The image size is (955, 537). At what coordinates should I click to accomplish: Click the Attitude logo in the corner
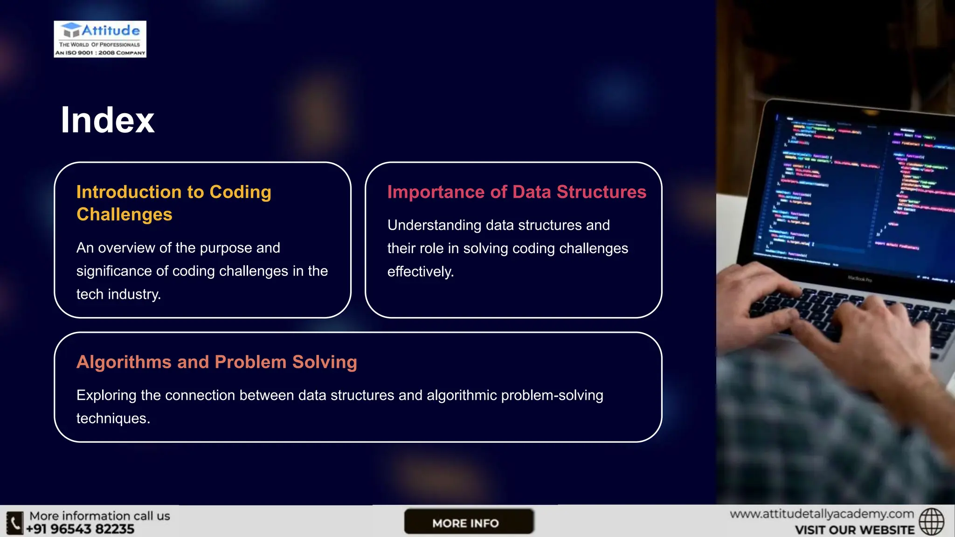pos(100,39)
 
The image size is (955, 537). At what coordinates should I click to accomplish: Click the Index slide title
pos(107,120)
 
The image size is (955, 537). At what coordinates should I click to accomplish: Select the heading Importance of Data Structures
pos(517,192)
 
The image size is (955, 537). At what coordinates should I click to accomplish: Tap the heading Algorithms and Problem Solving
pos(217,362)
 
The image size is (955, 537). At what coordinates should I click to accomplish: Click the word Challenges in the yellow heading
pos(125,214)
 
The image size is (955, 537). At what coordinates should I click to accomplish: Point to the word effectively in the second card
pos(420,272)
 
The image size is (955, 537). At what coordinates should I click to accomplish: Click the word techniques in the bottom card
pos(112,419)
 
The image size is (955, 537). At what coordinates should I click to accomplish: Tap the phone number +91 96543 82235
pos(80,529)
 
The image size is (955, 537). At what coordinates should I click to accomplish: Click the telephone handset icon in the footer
pos(14,523)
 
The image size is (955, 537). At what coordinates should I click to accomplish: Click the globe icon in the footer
pos(931,522)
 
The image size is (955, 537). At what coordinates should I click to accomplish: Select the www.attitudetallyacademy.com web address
pos(822,514)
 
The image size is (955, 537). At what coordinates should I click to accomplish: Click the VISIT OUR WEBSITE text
pos(855,530)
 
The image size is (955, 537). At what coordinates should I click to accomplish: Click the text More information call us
pos(100,516)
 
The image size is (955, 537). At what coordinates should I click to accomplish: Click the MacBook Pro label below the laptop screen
pos(859,279)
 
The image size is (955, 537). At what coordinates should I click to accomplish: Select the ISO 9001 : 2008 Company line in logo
pos(100,53)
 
